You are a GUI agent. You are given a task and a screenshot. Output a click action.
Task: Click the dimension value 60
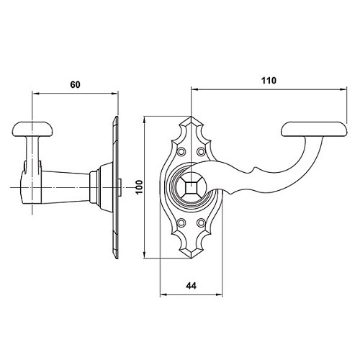(75, 84)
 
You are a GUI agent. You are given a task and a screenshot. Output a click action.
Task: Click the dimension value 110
(269, 81)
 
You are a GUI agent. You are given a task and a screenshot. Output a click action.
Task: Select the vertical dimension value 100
(139, 187)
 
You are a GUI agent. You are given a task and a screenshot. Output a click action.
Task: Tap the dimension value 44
(191, 286)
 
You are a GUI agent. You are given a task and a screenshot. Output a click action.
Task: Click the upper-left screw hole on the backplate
(181, 151)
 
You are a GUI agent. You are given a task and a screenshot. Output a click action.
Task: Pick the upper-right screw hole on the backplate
(201, 151)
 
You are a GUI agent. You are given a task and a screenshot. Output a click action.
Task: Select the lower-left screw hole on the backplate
(181, 223)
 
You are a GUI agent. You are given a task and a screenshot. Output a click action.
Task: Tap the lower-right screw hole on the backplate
(201, 223)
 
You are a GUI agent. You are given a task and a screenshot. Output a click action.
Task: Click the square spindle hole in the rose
(191, 187)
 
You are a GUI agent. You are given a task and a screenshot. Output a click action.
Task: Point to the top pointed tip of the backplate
(191, 117)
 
